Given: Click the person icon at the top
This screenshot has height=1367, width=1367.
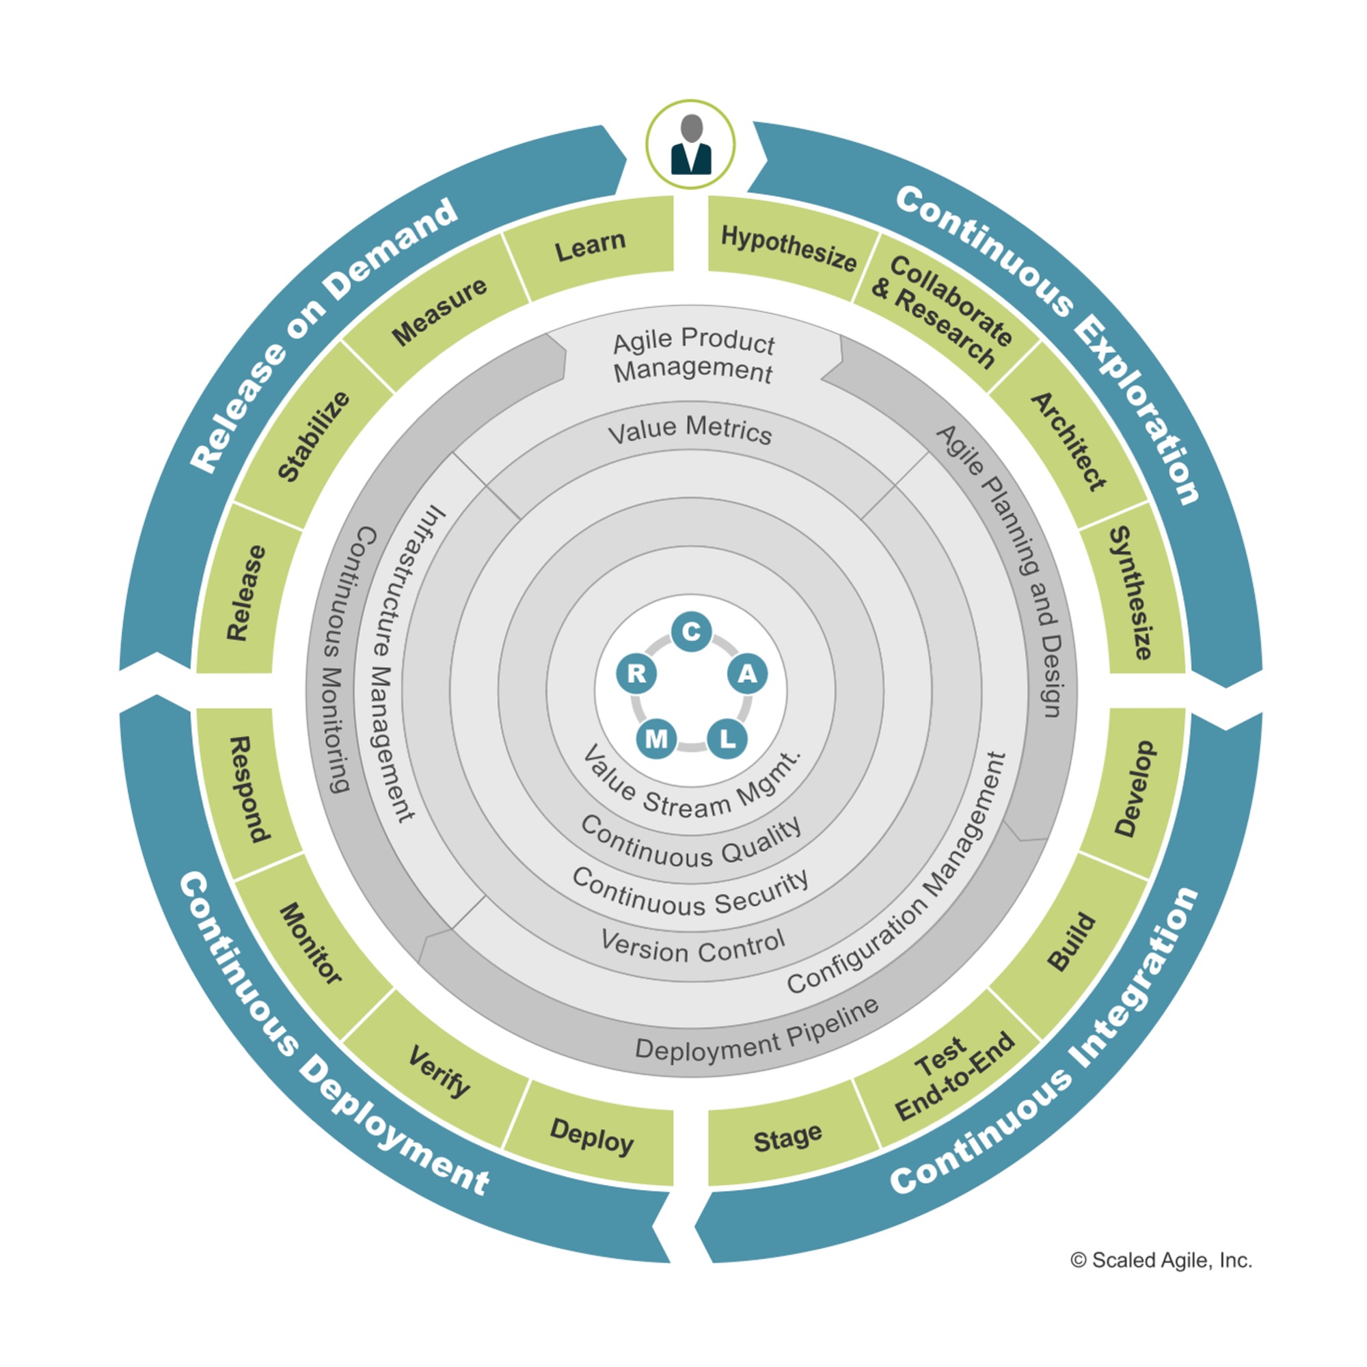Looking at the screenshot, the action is (690, 144).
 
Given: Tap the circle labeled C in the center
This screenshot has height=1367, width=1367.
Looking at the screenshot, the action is (691, 632).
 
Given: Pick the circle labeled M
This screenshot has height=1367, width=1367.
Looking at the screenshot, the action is (657, 739).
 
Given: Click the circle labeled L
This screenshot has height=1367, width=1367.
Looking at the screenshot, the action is (727, 739).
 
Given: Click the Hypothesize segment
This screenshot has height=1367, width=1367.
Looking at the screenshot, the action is (789, 247).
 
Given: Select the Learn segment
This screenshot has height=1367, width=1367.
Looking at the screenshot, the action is (591, 245).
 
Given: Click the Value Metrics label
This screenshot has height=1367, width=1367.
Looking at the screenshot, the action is (690, 429).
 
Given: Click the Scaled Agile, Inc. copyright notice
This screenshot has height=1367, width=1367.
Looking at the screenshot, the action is (1161, 1260).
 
